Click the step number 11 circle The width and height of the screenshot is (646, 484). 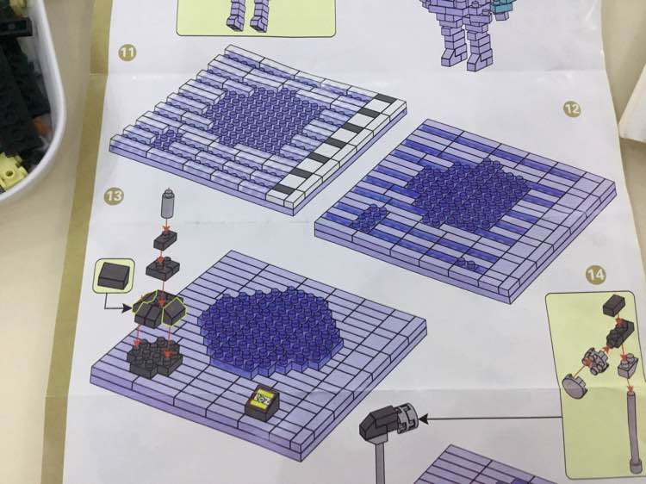(x=127, y=53)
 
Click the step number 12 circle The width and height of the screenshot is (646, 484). (x=572, y=109)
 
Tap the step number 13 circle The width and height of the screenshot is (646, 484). (x=114, y=195)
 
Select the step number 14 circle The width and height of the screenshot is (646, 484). (x=596, y=276)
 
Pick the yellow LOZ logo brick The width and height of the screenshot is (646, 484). (x=262, y=401)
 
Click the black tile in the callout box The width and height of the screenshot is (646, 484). (x=114, y=275)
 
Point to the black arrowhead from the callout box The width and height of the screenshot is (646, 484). (x=127, y=308)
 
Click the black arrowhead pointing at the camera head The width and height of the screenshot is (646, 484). (x=424, y=419)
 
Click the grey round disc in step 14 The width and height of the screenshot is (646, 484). (x=574, y=384)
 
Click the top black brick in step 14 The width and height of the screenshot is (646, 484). (x=614, y=305)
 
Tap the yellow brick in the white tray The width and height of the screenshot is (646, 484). (x=11, y=171)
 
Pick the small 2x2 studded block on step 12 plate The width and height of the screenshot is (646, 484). (x=369, y=218)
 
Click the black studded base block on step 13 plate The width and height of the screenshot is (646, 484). (x=154, y=357)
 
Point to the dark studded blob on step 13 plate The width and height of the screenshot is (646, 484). (x=270, y=330)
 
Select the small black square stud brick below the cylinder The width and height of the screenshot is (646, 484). (x=165, y=239)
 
